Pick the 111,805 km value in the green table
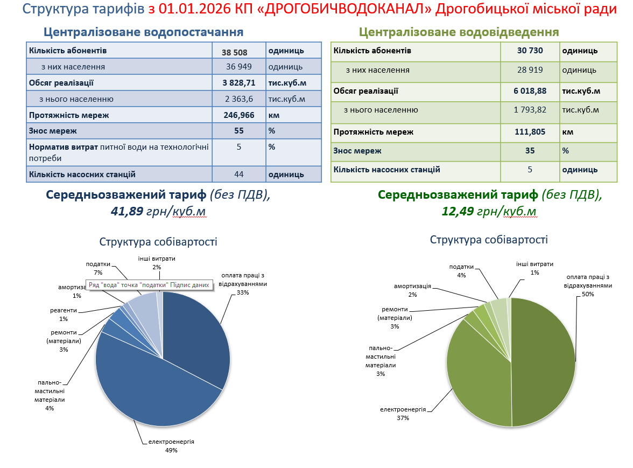(x=530, y=132)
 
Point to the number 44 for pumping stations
(x=239, y=174)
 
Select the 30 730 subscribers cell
(x=530, y=51)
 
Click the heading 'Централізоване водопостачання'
(x=143, y=32)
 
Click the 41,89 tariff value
(x=127, y=211)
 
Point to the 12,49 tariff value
(x=458, y=211)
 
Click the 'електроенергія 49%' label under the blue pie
(x=168, y=445)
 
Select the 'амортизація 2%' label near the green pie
(x=412, y=290)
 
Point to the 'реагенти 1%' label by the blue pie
(x=64, y=315)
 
